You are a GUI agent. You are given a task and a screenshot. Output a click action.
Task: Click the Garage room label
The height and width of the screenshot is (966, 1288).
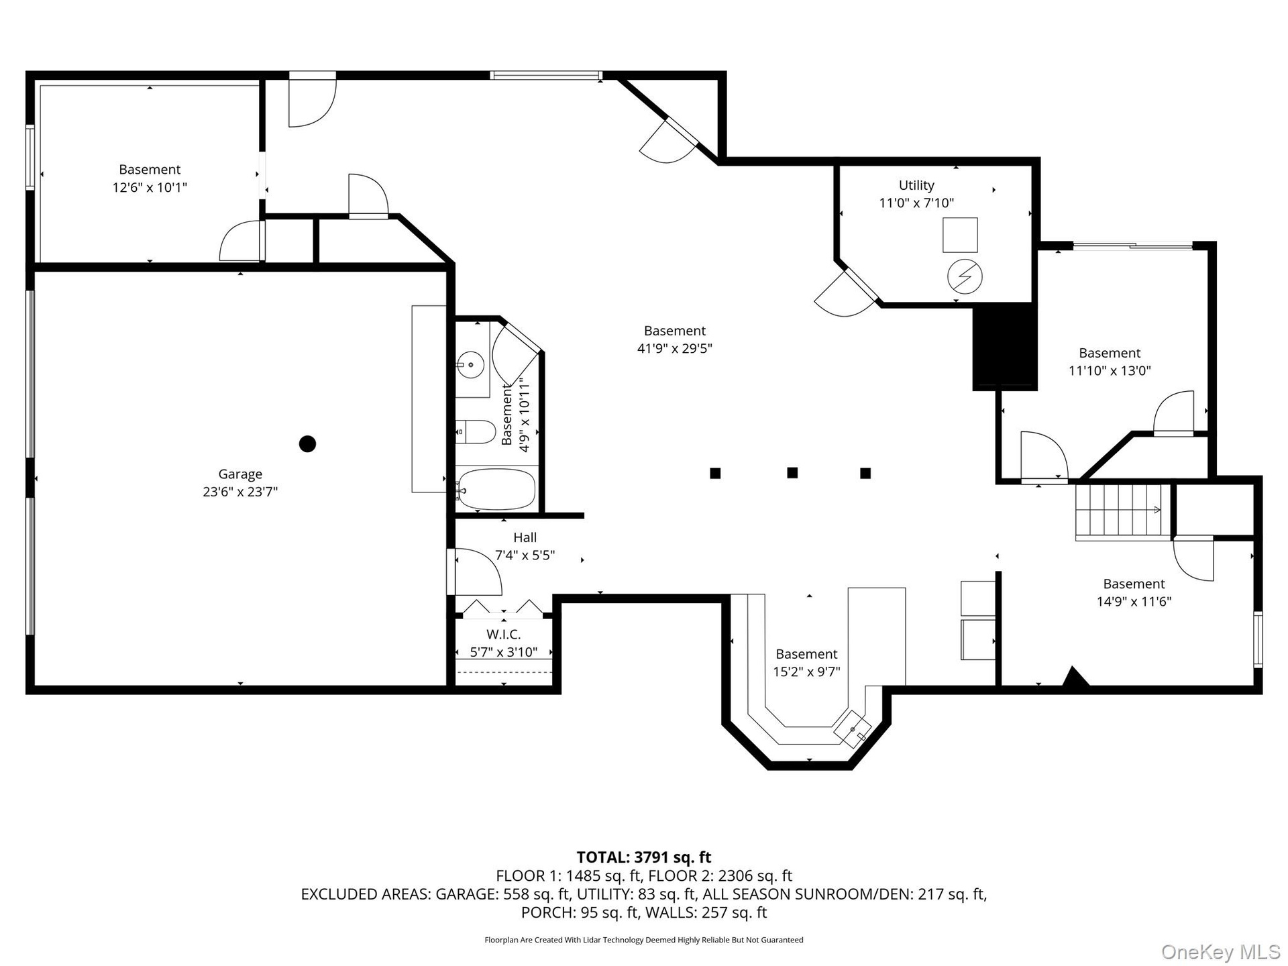[240, 474]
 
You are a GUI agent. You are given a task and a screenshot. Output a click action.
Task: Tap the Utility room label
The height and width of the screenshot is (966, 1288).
[916, 185]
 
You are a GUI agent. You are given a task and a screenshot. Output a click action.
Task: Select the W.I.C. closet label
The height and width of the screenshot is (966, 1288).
[503, 634]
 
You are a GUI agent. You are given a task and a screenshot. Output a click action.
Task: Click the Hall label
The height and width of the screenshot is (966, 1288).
[525, 537]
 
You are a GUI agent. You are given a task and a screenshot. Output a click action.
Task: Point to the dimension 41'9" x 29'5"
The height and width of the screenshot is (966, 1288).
[674, 348]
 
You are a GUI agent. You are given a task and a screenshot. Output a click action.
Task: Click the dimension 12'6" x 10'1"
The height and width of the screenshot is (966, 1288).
[150, 187]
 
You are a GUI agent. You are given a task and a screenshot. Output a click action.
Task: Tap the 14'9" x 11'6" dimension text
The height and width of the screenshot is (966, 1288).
[1134, 602]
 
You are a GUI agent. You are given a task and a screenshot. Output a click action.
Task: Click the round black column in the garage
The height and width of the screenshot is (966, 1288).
[307, 443]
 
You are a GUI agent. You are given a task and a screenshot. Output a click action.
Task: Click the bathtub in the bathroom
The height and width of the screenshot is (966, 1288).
[496, 489]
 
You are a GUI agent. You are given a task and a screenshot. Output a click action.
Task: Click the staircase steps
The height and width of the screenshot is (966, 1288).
[1123, 511]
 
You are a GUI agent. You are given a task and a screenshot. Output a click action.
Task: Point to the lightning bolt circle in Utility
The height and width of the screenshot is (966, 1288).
[965, 276]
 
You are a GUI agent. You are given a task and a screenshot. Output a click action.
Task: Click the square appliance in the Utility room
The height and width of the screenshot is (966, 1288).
[960, 235]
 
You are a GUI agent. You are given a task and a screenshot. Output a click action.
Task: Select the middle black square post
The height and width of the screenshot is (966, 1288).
[792, 473]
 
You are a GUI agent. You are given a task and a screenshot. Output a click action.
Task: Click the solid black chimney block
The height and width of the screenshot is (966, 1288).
[1005, 346]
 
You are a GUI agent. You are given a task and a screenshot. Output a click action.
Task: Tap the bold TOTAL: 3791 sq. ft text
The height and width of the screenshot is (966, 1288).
[644, 857]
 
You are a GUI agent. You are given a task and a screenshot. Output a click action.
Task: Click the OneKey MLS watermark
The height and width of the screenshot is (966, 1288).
[1221, 951]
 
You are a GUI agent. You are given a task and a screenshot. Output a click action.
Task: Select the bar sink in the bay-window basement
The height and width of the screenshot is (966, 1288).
[853, 729]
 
